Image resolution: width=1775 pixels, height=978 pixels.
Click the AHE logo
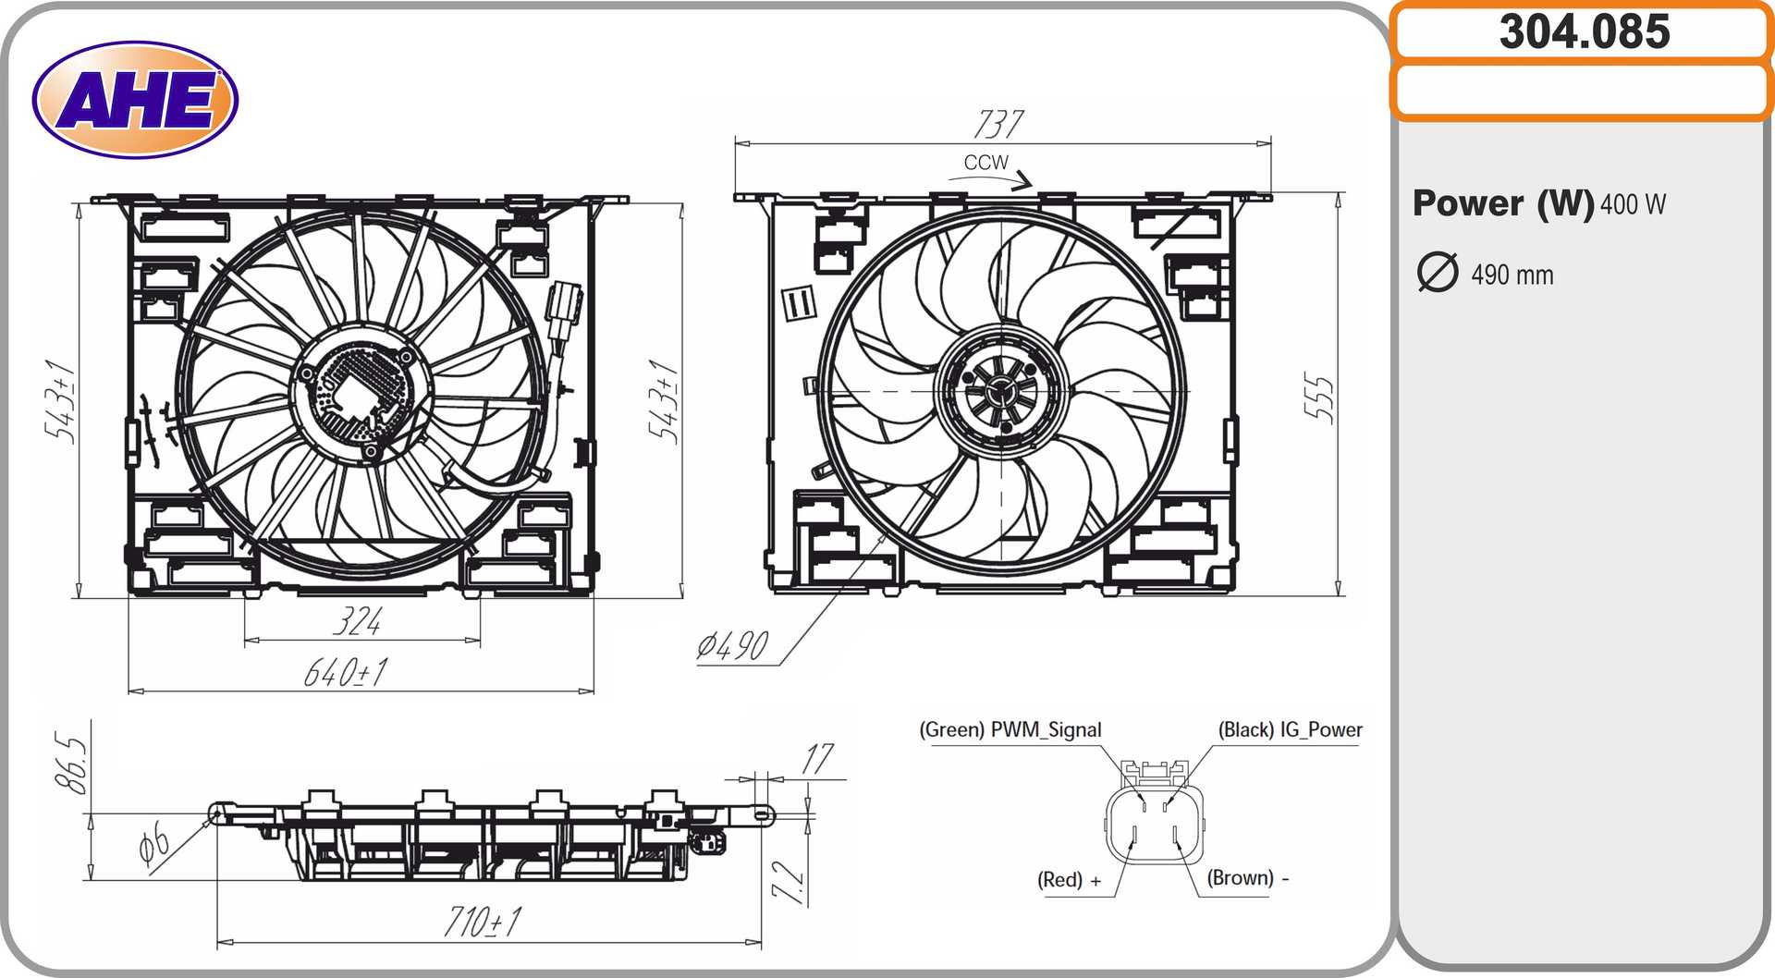click(x=135, y=100)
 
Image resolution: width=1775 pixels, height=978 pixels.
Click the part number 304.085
click(x=1585, y=31)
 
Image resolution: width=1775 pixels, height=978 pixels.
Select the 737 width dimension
click(x=998, y=124)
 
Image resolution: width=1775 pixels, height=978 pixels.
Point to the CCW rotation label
click(x=985, y=163)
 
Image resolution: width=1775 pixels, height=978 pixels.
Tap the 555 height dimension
click(x=1320, y=398)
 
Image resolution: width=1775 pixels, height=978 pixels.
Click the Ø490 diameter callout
click(x=733, y=646)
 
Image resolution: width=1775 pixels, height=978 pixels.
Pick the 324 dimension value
click(x=358, y=621)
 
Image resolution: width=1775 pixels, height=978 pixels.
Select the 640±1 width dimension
click(x=347, y=672)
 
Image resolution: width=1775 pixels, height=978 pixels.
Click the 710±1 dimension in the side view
click(x=483, y=922)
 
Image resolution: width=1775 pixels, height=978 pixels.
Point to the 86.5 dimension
click(x=72, y=764)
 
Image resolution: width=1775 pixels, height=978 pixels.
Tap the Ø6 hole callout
click(x=154, y=845)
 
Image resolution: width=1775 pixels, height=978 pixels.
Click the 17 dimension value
click(x=817, y=759)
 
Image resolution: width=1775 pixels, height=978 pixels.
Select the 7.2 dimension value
click(x=788, y=882)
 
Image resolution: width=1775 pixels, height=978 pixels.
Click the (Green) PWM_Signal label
click(x=1010, y=730)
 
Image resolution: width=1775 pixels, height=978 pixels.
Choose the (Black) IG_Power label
click(x=1291, y=730)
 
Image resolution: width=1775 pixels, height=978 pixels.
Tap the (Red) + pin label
click(x=1070, y=880)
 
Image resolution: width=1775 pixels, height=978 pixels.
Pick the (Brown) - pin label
click(x=1248, y=878)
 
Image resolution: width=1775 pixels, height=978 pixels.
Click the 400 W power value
click(x=1633, y=204)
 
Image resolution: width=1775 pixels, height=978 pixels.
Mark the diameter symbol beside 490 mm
click(x=1438, y=273)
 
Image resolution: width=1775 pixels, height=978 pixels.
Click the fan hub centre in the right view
click(x=1001, y=391)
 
